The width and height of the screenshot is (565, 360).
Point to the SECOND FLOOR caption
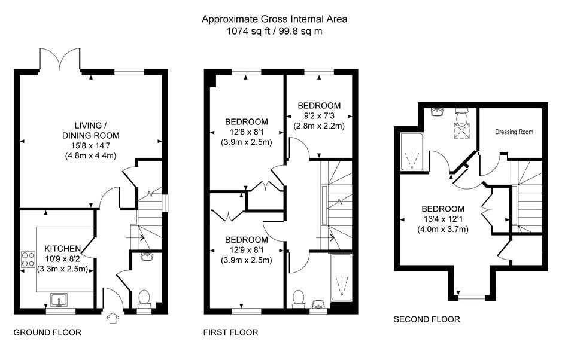click(x=427, y=319)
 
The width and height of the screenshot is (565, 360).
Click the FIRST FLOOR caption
click(x=231, y=332)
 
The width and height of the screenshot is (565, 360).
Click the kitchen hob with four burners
click(x=28, y=260)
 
